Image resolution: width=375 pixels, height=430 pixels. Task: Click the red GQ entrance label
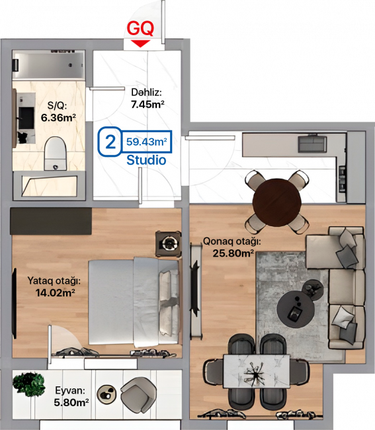coord(140,28)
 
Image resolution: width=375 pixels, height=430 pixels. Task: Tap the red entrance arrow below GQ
coord(140,43)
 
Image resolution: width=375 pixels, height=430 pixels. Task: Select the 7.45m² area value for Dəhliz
coord(147,105)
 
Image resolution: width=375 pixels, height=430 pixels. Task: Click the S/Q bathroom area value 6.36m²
coord(58,118)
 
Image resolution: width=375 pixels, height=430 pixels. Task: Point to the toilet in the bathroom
coord(56,153)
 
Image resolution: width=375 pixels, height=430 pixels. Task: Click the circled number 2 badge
coord(110,142)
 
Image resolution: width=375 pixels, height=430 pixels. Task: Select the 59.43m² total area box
coord(147,142)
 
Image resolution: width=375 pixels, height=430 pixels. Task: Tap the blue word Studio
coord(146,160)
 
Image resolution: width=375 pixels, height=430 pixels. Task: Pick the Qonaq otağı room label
coord(231,241)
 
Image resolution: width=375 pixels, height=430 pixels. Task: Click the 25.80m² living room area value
coord(233,253)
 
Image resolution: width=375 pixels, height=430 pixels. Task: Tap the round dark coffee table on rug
coord(296,309)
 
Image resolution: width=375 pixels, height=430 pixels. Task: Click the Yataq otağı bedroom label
coord(54,280)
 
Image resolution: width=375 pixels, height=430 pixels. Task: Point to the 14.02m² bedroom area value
coord(55,293)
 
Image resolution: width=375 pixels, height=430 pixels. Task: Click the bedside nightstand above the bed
coord(168,244)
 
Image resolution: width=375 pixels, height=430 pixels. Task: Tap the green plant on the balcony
coord(28,384)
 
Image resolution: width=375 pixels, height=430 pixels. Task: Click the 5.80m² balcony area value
coord(71,403)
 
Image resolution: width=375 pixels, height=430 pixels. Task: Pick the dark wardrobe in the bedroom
coord(51,221)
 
